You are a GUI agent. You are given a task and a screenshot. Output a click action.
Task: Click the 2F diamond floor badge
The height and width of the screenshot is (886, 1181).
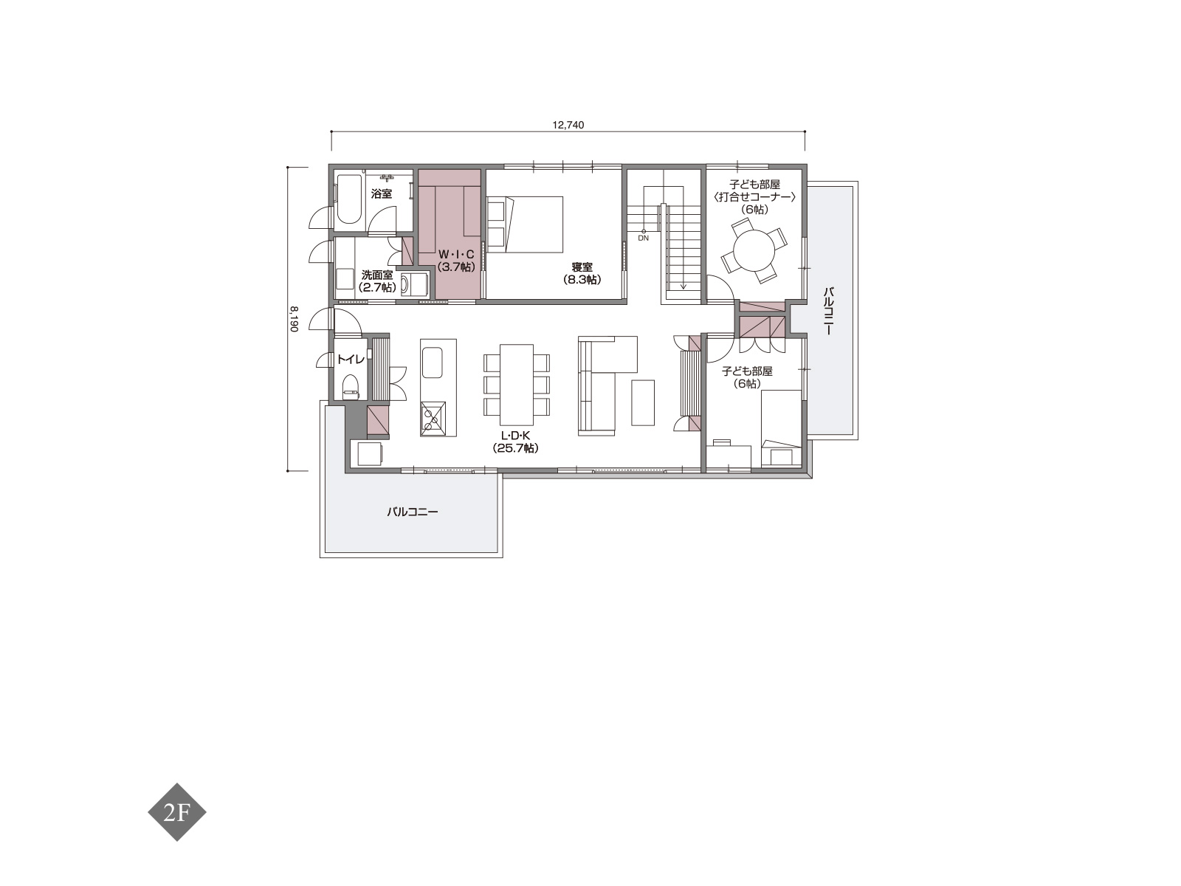(177, 811)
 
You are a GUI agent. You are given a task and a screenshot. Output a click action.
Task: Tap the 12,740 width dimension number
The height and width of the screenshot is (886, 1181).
(568, 125)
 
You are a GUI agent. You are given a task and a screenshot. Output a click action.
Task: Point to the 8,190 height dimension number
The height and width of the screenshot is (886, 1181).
(294, 319)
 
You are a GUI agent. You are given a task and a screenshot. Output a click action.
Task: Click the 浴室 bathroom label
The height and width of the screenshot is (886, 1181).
(382, 193)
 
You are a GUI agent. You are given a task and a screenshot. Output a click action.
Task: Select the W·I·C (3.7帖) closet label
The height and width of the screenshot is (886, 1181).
(456, 261)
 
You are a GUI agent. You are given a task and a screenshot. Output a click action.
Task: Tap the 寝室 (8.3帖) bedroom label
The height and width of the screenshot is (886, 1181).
(582, 273)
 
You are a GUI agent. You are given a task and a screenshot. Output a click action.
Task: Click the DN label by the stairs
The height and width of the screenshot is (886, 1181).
(644, 238)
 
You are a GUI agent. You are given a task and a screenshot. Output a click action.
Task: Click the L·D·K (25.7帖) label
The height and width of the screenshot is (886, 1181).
(515, 442)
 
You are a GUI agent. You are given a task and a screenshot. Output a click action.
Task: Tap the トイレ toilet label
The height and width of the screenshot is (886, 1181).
(351, 359)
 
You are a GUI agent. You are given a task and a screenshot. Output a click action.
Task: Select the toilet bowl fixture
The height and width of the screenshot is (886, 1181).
(351, 387)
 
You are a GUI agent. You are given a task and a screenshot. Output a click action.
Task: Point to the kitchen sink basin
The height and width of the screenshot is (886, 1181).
(432, 363)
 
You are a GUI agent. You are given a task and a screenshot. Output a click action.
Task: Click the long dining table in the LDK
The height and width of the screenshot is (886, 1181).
(517, 385)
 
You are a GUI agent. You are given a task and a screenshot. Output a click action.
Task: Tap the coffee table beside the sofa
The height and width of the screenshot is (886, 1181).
(643, 403)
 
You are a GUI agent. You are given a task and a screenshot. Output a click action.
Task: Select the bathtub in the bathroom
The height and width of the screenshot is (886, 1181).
(348, 199)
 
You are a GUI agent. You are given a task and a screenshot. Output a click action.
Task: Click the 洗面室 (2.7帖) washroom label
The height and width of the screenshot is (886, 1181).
(378, 281)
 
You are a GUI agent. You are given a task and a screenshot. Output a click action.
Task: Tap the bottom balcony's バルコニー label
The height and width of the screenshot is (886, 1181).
(413, 512)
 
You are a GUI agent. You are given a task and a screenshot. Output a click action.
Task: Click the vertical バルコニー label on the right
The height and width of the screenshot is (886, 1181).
(828, 312)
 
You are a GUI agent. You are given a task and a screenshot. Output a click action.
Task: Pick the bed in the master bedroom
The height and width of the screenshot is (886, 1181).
(525, 224)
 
